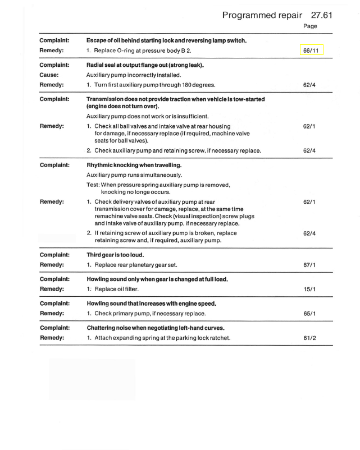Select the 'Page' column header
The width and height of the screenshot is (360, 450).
click(x=309, y=26)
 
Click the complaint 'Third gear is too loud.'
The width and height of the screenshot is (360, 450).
click(x=121, y=254)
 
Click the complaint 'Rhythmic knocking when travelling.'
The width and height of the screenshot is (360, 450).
click(x=138, y=166)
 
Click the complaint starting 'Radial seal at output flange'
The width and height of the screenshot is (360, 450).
click(x=145, y=65)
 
